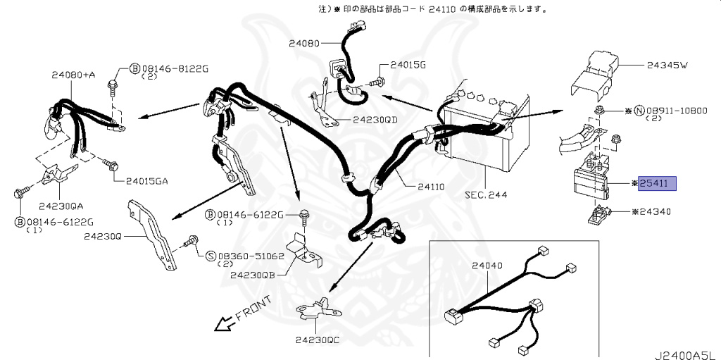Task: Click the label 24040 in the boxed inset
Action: [x=487, y=267]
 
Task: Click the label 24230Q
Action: [x=104, y=237]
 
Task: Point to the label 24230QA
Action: [x=61, y=206]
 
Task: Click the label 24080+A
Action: [x=73, y=74]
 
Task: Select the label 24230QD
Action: [x=375, y=120]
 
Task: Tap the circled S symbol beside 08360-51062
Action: [x=211, y=256]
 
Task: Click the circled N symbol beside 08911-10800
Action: [x=639, y=111]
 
